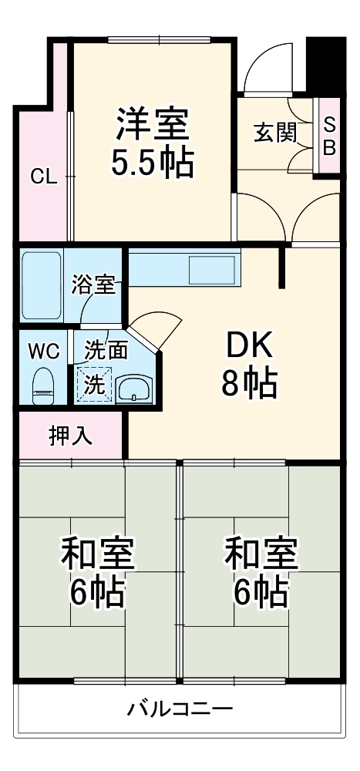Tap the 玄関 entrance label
tap(275, 133)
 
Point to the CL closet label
tap(44, 177)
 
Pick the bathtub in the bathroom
tap(42, 284)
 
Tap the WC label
tap(43, 351)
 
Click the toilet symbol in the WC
tap(44, 383)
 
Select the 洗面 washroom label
tap(106, 351)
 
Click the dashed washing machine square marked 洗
tap(93, 384)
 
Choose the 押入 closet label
tap(71, 436)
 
